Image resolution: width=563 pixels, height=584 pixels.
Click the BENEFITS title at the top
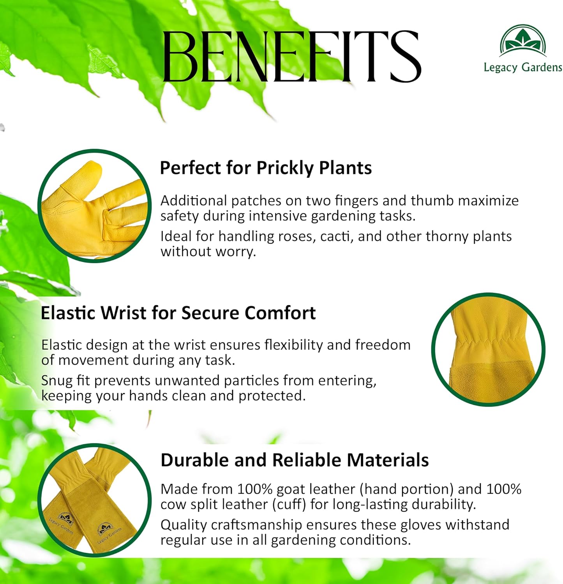point(291,56)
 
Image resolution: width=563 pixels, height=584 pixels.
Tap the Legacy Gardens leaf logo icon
point(523,41)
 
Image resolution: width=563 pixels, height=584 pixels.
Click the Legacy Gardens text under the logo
point(523,67)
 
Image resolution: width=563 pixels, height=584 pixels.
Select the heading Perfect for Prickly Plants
point(266,168)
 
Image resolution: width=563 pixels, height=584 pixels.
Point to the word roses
point(296,236)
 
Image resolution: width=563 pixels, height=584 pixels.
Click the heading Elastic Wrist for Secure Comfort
point(178,313)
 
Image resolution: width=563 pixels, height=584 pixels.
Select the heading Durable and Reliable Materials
point(295,460)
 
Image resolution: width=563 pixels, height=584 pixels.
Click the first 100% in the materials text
point(255,489)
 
